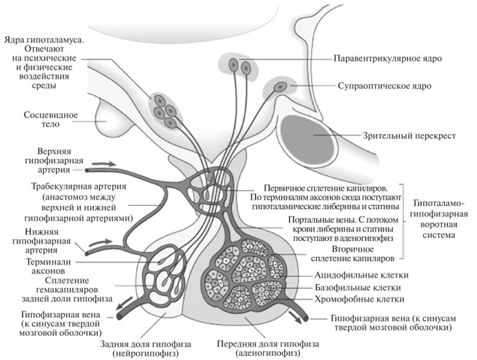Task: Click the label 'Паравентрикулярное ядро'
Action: [x=388, y=59]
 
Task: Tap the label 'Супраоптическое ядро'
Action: [x=384, y=87]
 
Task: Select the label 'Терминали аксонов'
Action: [x=52, y=267]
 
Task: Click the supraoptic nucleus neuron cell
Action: [x=280, y=87]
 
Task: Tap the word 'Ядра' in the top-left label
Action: [x=17, y=39]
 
